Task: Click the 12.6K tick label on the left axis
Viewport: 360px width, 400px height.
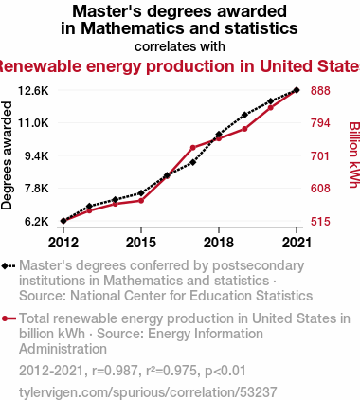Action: point(33,91)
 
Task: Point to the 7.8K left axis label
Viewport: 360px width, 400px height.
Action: point(37,189)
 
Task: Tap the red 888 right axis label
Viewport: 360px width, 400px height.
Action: point(320,91)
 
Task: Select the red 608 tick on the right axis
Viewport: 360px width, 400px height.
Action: point(320,189)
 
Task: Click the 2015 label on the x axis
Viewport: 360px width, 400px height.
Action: point(141,243)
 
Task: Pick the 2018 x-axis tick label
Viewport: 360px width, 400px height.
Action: point(219,243)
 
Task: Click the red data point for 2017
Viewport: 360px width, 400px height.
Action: point(193,148)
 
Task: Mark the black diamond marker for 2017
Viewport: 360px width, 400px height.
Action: point(193,162)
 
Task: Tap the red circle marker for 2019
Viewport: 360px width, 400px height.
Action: point(244,129)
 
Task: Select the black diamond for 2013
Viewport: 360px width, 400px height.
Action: point(89,207)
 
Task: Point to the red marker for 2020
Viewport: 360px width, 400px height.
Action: point(271,108)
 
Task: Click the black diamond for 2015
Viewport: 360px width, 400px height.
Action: point(141,193)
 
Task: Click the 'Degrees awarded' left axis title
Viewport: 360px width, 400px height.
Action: point(7,155)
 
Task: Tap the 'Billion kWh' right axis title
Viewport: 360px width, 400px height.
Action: point(354,155)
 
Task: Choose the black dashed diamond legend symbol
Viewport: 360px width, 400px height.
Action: point(9,266)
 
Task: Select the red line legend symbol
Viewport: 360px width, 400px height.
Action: point(9,318)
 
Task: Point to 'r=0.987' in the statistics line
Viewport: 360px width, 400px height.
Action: point(115,371)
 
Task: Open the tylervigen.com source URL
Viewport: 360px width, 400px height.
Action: point(148,392)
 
